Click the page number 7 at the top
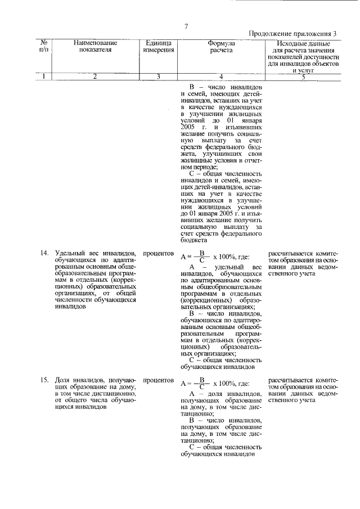click(x=186, y=25)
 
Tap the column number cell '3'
click(x=158, y=76)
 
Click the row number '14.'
click(x=45, y=254)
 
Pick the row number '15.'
click(x=45, y=381)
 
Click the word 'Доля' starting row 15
click(x=62, y=381)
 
